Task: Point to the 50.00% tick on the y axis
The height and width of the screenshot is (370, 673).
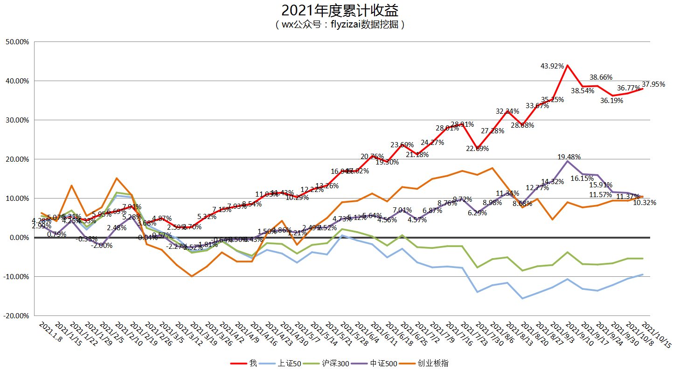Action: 17,42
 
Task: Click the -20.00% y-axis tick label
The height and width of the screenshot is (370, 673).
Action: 16,315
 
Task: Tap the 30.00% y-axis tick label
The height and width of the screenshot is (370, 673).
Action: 17,120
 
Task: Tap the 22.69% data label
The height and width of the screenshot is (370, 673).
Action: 477,149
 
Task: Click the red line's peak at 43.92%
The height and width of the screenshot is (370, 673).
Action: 567,66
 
